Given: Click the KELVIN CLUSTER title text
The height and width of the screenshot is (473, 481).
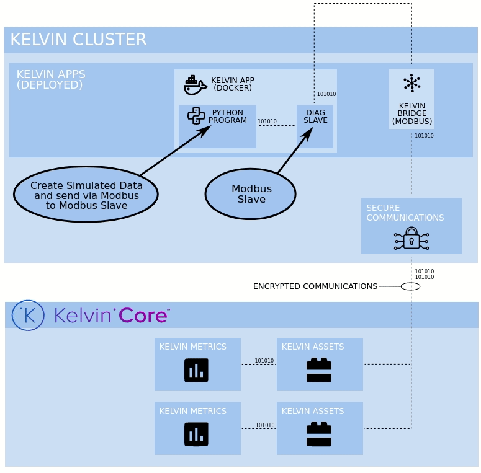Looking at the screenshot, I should pos(78,40).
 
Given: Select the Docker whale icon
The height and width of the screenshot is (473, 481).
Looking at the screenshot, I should pos(195,86).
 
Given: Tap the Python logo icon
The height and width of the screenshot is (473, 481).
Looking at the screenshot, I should pos(196,116).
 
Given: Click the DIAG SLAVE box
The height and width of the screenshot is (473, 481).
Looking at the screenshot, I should pos(315,126).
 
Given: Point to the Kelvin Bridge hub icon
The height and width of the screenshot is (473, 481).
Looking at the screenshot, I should pos(411,83).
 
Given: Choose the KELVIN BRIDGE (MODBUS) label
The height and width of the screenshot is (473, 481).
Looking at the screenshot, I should pos(412,113).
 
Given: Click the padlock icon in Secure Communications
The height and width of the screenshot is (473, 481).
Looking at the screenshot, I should pos(411,238).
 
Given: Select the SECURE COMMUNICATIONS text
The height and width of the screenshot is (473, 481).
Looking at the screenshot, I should pos(405,213).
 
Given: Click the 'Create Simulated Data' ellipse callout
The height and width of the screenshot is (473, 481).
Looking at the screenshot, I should pos(86,194).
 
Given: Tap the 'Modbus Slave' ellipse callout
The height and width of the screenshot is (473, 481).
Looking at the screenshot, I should pos(251,194).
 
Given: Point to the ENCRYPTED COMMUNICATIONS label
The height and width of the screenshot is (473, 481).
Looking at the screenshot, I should pos(315,286).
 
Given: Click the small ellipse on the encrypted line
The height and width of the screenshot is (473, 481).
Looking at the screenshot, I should pos(410,286).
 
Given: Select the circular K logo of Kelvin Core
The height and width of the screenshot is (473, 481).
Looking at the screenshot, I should pos(28,316).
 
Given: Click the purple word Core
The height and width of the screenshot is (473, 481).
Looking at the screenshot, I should pos(143,316).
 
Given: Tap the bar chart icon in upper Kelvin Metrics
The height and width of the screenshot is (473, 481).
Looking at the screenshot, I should pos(196,370).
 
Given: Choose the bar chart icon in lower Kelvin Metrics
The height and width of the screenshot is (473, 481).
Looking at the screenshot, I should pos(196,435).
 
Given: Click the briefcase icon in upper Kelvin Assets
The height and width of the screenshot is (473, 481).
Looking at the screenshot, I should pos(319,370).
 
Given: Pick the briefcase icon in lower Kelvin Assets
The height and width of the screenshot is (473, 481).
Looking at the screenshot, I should pos(319,435).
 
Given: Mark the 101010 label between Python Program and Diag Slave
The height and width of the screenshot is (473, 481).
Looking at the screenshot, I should pos(267,122).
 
